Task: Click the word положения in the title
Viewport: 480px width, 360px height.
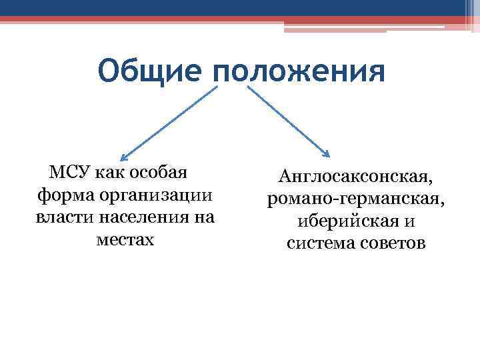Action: pos(299,71)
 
